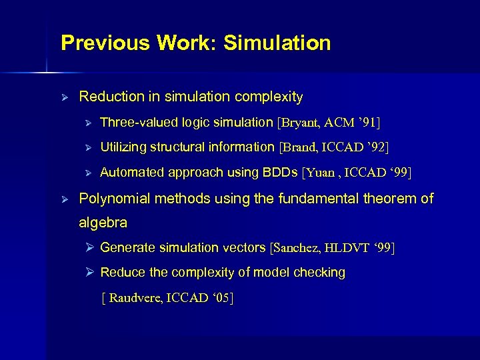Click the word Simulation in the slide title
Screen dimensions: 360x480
[x=277, y=43]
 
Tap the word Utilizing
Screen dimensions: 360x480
[x=123, y=147]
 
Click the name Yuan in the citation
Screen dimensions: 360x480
[x=323, y=173]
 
